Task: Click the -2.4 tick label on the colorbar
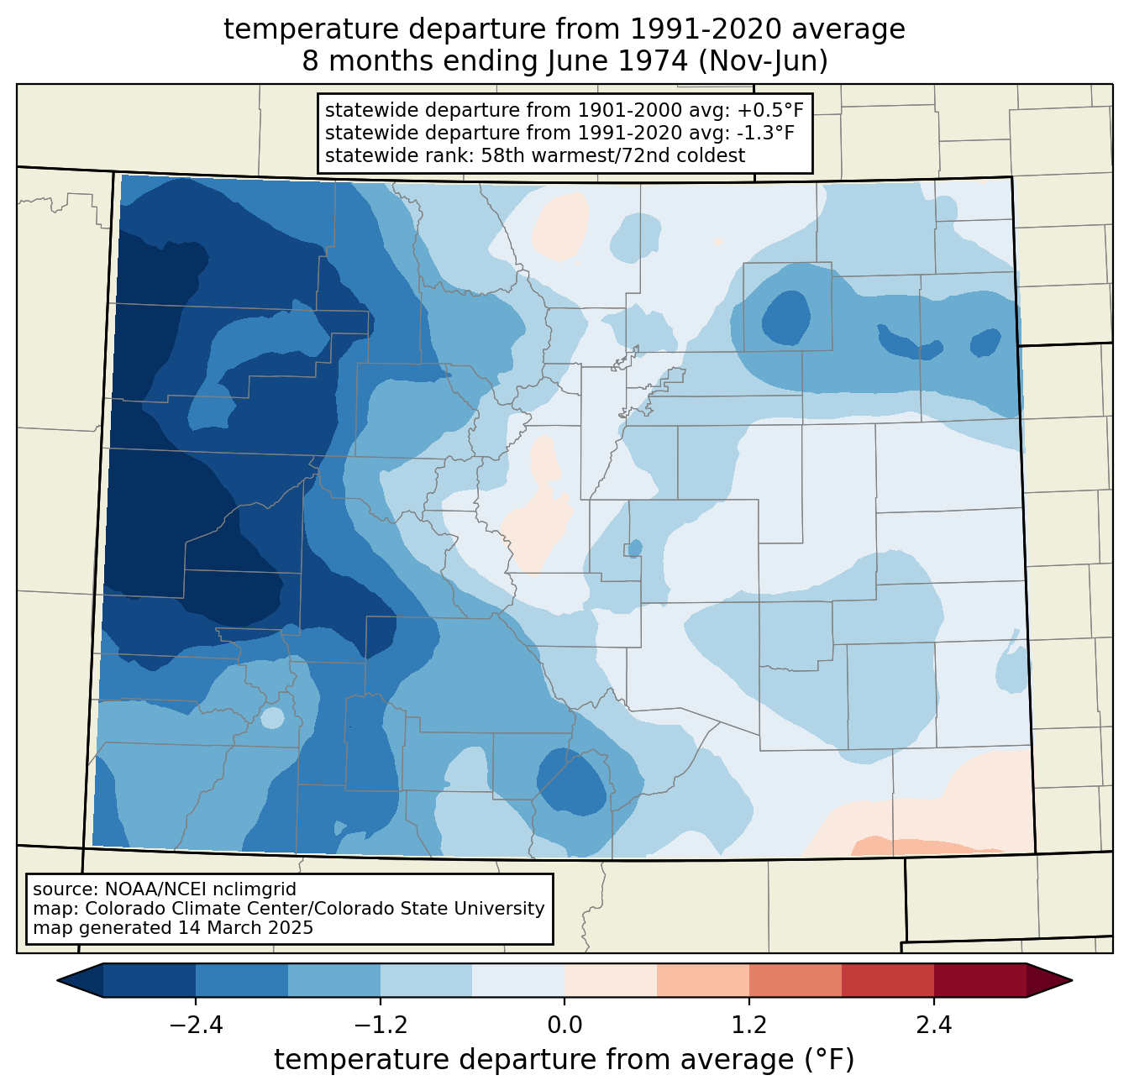(x=196, y=1025)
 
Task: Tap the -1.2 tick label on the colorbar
(x=381, y=1025)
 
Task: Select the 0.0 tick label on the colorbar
(x=564, y=1025)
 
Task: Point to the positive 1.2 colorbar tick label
(x=749, y=1025)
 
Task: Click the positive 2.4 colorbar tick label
(x=934, y=1025)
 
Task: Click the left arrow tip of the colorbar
(x=58, y=981)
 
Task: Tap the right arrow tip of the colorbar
(x=1072, y=981)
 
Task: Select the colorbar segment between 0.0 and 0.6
(x=611, y=981)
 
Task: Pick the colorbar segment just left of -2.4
(x=149, y=981)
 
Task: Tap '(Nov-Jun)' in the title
(x=763, y=61)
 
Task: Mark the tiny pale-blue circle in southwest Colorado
(x=272, y=717)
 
